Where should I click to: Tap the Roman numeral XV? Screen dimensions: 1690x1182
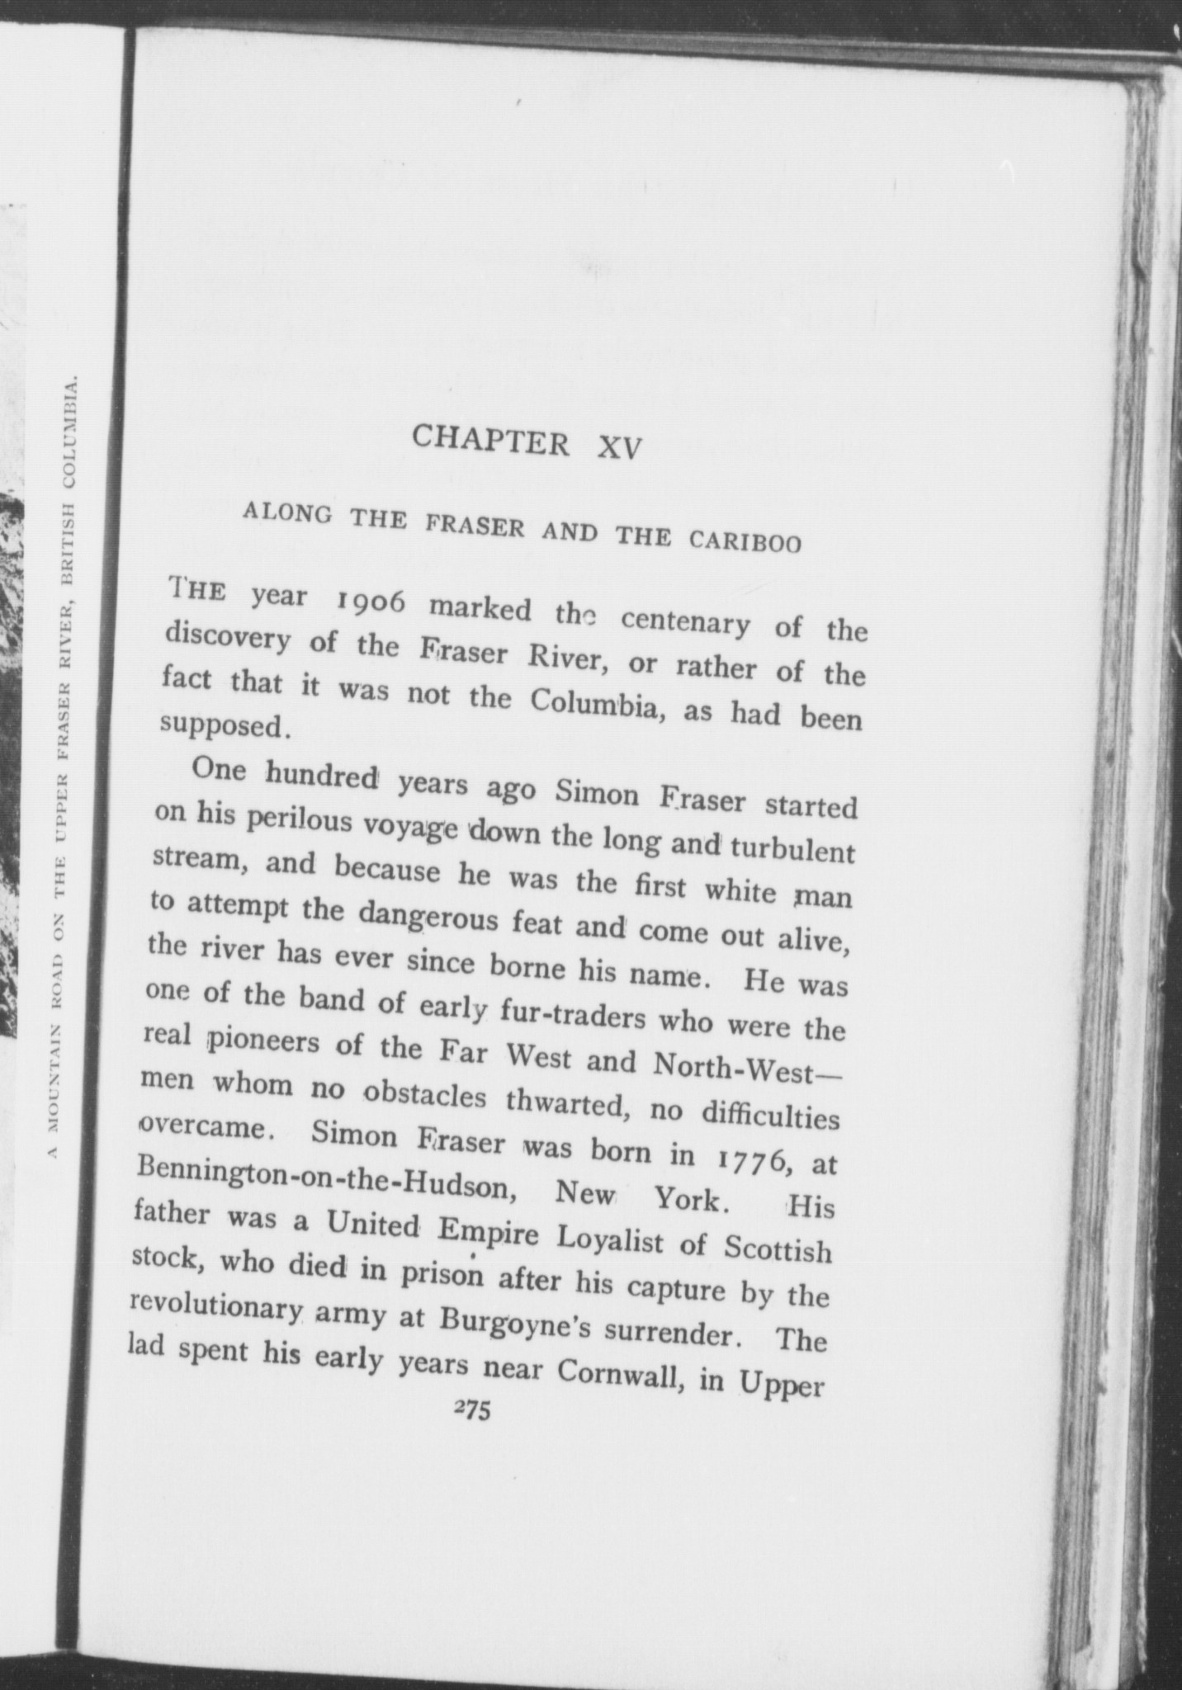pyautogui.click(x=619, y=446)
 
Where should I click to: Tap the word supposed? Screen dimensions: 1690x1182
pyautogui.click(x=224, y=725)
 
